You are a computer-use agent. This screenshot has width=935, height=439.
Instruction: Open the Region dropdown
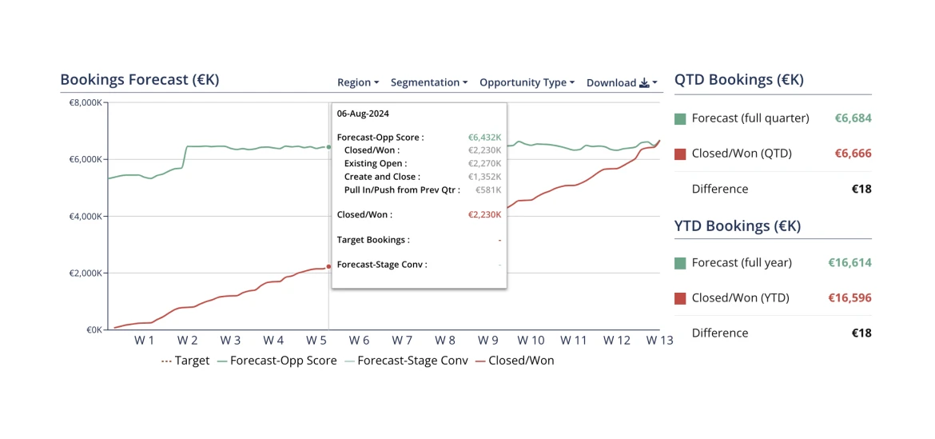pyautogui.click(x=357, y=82)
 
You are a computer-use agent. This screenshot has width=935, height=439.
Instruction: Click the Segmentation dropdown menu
pyautogui.click(x=429, y=82)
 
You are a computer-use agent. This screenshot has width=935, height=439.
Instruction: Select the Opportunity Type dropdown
pyautogui.click(x=527, y=82)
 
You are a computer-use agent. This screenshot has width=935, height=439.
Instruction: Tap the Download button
pyautogui.click(x=622, y=82)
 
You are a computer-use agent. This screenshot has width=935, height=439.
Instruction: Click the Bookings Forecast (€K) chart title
pyautogui.click(x=139, y=80)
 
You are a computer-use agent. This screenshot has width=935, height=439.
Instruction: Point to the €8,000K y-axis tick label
pyautogui.click(x=86, y=102)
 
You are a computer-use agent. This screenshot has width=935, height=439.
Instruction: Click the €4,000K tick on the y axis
pyautogui.click(x=86, y=216)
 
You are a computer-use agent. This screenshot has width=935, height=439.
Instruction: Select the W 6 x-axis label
pyautogui.click(x=359, y=341)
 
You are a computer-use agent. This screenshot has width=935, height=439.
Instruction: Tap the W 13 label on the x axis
pyautogui.click(x=659, y=341)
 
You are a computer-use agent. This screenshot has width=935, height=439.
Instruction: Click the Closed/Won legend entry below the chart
pyautogui.click(x=520, y=361)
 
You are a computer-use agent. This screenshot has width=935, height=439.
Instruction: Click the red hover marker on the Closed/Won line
pyautogui.click(x=328, y=266)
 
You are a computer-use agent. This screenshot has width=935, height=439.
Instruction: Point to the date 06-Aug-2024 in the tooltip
pyautogui.click(x=363, y=114)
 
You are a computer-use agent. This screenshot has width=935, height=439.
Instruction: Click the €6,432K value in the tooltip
pyautogui.click(x=484, y=138)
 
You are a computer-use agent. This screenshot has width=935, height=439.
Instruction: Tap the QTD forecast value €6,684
pyautogui.click(x=853, y=118)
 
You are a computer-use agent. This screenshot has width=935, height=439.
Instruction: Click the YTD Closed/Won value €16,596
pyautogui.click(x=849, y=298)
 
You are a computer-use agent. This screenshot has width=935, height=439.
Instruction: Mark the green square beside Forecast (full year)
pyautogui.click(x=680, y=263)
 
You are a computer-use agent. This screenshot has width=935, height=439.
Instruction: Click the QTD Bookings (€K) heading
pyautogui.click(x=738, y=80)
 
